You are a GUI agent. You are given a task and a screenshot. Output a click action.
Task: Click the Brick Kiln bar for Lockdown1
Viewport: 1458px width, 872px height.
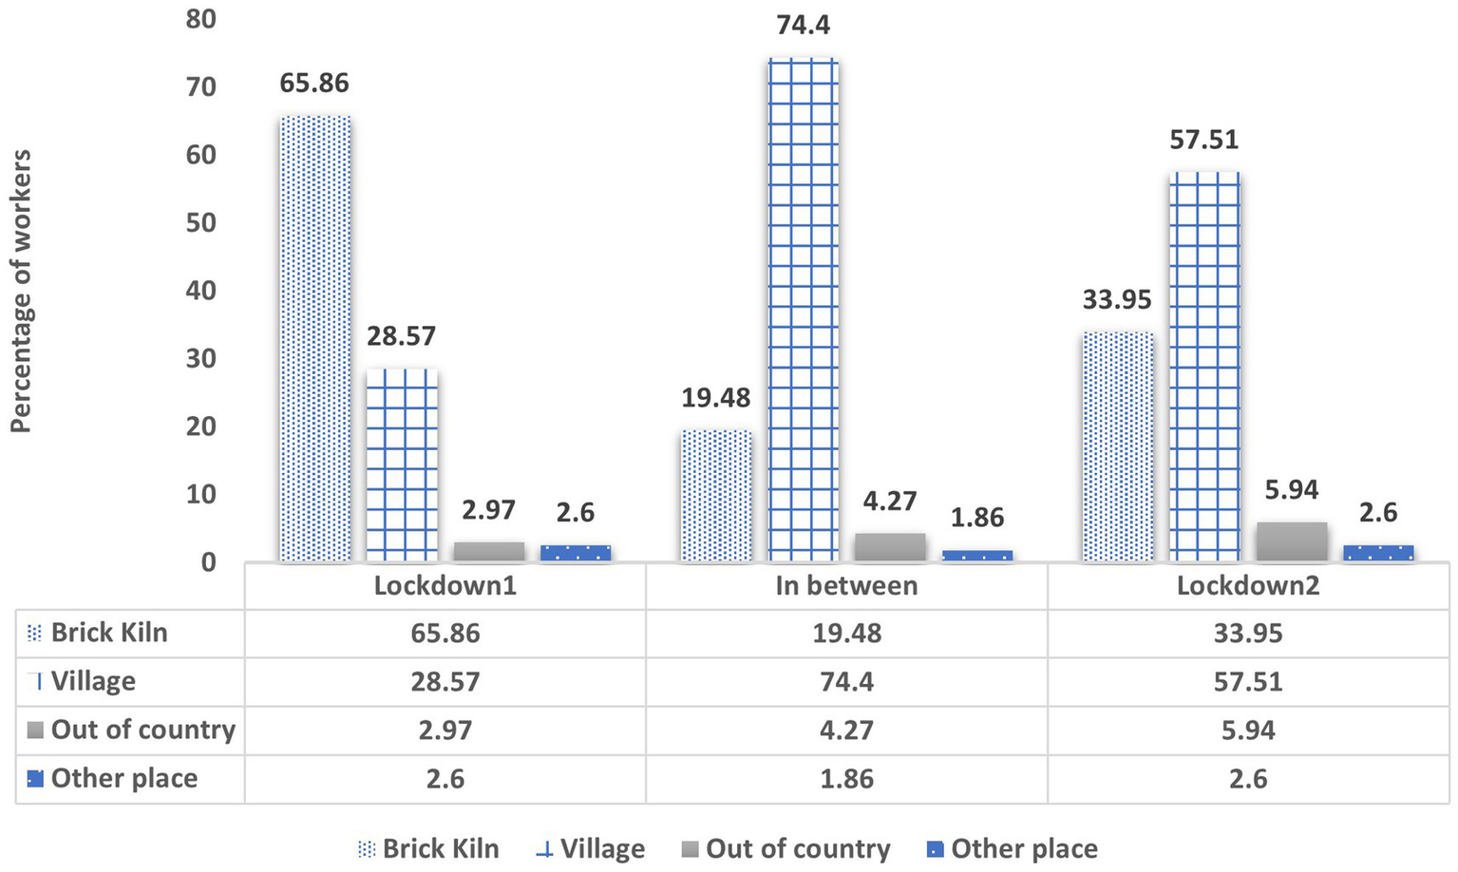click(x=315, y=338)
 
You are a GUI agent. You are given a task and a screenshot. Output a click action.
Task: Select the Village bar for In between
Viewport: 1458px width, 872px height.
click(x=804, y=310)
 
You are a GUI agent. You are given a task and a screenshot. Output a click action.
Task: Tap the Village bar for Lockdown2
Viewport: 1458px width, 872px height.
click(x=1204, y=367)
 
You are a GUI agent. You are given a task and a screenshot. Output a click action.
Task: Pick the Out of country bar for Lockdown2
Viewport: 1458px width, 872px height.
click(x=1292, y=541)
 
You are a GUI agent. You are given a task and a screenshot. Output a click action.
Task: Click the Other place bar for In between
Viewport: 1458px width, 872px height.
click(x=976, y=556)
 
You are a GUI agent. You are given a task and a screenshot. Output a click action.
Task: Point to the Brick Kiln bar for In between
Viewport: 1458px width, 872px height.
click(x=716, y=495)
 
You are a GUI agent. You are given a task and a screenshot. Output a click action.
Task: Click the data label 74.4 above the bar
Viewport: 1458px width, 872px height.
click(x=804, y=25)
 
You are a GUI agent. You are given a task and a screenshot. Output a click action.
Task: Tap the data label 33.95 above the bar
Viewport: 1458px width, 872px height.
click(x=1117, y=300)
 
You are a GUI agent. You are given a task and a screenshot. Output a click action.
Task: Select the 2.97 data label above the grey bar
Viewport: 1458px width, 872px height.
click(x=488, y=510)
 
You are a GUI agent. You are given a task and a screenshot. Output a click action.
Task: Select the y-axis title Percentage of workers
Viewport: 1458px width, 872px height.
click(x=21, y=291)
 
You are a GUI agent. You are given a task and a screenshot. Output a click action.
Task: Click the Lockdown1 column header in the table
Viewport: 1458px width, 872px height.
click(x=445, y=585)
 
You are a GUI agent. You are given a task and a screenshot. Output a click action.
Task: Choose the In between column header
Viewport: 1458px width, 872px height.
click(x=846, y=585)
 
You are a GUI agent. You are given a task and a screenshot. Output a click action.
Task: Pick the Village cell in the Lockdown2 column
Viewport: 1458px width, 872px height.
click(x=1248, y=682)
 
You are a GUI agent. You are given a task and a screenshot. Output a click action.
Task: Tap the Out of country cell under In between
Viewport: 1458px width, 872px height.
click(x=846, y=730)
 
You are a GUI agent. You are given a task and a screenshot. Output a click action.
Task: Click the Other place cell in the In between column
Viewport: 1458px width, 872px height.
click(x=846, y=779)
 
